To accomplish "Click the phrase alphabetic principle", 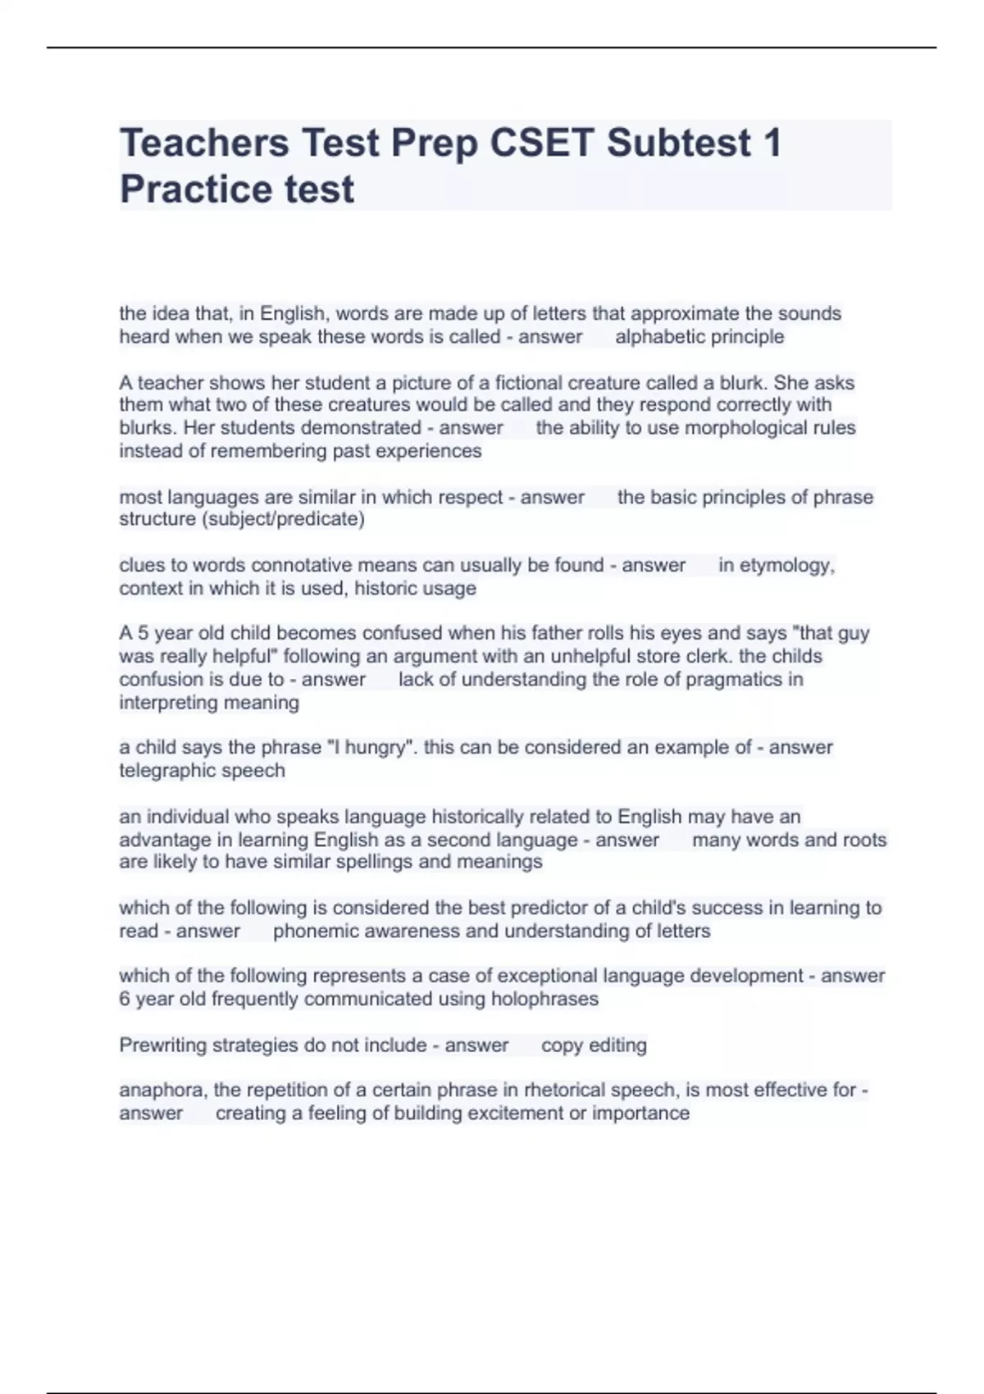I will point(699,337).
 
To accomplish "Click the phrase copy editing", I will point(594,1045).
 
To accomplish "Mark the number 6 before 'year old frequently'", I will point(125,999).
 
